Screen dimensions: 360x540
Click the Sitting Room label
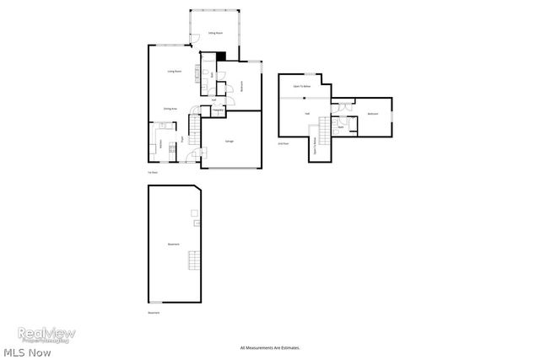coord(216,33)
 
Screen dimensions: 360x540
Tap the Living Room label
coord(175,72)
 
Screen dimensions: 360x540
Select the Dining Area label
coord(170,109)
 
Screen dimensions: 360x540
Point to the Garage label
coord(229,141)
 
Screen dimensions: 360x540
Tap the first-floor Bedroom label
coord(243,84)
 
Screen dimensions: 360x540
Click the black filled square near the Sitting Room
coord(221,56)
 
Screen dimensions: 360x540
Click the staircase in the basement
coord(194,262)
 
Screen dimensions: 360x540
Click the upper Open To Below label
coord(300,86)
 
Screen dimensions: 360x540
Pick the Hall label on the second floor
coord(307,112)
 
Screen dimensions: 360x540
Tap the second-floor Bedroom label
coord(372,113)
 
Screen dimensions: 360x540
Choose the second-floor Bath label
coord(340,127)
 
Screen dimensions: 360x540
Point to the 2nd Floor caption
coord(283,143)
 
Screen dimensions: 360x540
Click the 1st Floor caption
coord(153,172)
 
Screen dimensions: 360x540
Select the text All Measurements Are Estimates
coord(270,347)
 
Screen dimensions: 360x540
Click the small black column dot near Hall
coord(305,98)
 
